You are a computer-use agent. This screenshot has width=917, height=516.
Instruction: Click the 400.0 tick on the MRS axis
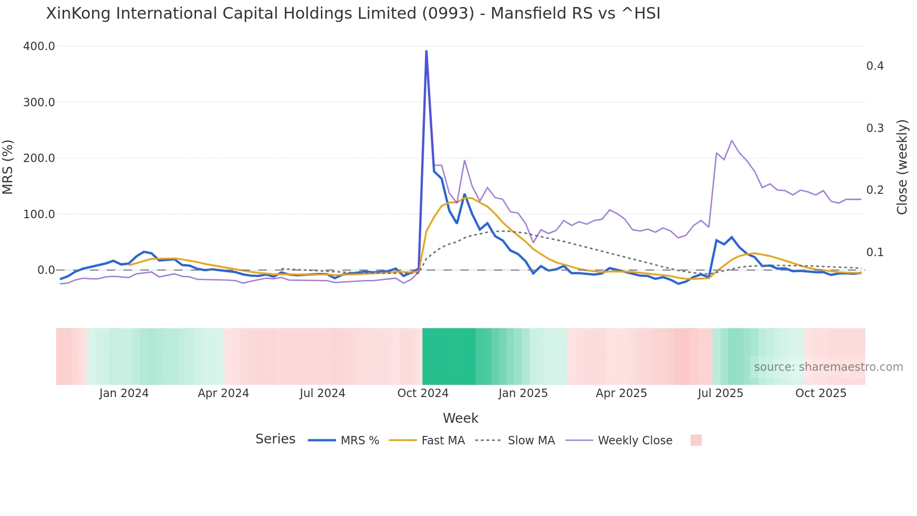click(39, 46)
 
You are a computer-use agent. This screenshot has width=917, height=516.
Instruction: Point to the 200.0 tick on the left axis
click(39, 158)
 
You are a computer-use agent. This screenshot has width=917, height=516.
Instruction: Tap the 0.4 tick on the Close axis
click(875, 66)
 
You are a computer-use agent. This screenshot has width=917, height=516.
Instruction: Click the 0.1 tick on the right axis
click(875, 252)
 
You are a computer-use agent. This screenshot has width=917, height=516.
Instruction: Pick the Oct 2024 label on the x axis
click(422, 393)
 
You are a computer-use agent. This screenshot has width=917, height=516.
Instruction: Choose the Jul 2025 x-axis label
click(720, 393)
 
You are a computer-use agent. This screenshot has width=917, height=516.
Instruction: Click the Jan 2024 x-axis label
click(124, 393)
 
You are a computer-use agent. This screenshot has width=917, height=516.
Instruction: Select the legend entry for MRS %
click(344, 441)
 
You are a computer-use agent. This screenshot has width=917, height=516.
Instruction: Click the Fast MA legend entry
click(427, 441)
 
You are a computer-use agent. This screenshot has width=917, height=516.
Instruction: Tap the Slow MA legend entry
click(515, 441)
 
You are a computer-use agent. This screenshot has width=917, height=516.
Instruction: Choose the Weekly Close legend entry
click(619, 441)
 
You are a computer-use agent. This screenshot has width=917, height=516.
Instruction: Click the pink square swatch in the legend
click(696, 440)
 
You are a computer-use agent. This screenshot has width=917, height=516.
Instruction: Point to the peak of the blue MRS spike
click(426, 51)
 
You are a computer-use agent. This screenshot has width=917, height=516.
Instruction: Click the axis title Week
click(460, 418)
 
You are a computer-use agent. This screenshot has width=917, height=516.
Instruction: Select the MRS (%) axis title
click(7, 167)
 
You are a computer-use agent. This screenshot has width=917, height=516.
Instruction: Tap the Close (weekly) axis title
click(902, 167)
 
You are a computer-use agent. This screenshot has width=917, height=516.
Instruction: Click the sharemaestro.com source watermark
click(828, 367)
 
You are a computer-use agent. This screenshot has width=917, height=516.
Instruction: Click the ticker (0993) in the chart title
click(448, 13)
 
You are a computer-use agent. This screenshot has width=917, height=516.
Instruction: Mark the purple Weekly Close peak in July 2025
click(732, 140)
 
